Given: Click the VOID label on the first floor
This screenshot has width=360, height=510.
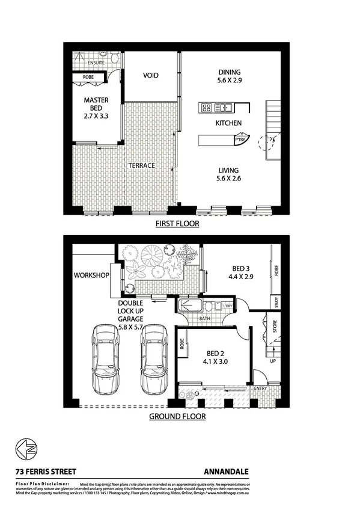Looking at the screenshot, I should [x=150, y=76].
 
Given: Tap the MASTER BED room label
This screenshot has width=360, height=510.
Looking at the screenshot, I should [x=96, y=105].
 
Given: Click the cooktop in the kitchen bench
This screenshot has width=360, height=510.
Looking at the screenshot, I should [x=207, y=108].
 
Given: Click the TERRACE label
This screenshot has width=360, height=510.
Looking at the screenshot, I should [x=141, y=165].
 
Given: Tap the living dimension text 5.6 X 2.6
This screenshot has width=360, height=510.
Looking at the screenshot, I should [x=228, y=179].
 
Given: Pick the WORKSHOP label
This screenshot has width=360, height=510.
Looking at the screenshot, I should [x=91, y=276].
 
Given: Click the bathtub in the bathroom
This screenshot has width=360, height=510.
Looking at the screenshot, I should [x=193, y=305].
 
